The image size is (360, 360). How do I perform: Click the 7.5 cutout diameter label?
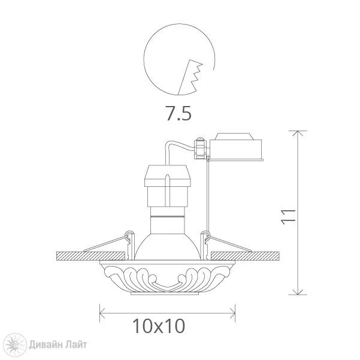[179, 113]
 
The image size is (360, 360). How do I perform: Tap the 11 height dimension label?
[288, 216]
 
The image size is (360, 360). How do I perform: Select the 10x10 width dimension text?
[159, 326]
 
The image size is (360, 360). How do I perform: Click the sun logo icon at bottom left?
[16, 344]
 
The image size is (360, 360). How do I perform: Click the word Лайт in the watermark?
[76, 344]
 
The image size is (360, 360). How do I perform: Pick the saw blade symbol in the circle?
[190, 77]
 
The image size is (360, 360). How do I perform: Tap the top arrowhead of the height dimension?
[298, 133]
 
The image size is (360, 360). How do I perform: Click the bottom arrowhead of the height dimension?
[298, 292]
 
